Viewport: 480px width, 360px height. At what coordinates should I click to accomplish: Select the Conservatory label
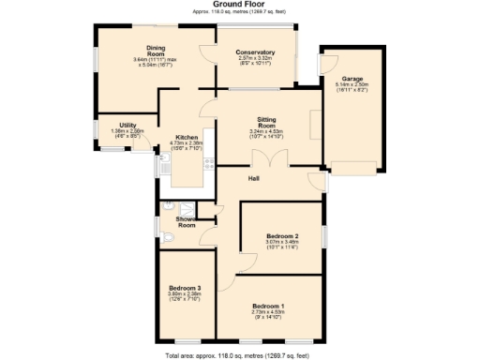tap(255, 52)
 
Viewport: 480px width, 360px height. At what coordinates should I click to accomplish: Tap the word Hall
tap(253, 177)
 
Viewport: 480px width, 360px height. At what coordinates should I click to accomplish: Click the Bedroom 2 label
tap(282, 235)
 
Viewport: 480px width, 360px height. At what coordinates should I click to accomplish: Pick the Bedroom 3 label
tap(185, 287)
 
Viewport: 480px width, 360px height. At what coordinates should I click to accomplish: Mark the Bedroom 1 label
tap(268, 307)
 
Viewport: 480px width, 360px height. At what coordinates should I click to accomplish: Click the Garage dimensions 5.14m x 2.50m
tap(352, 84)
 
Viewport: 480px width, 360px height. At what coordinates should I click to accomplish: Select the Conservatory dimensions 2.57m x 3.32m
tap(255, 59)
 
